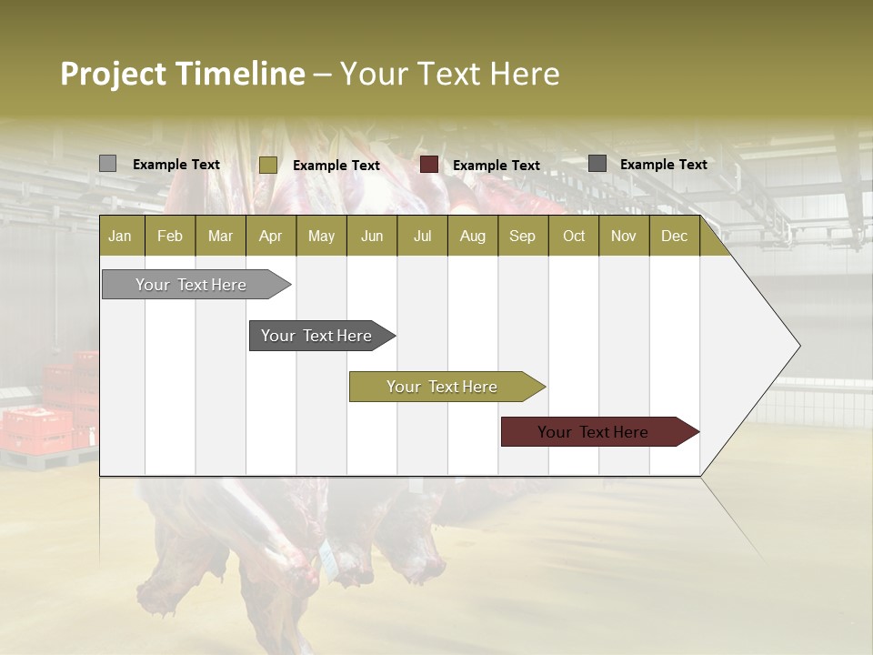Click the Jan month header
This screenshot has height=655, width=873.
[x=121, y=237]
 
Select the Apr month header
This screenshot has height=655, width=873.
[x=270, y=237]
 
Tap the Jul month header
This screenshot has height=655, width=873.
[x=422, y=237]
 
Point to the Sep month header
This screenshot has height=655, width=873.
[x=522, y=237]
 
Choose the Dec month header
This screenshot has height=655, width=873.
[x=674, y=237]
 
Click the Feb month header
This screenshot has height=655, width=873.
[x=170, y=237]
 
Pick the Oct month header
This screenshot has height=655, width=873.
[x=574, y=237]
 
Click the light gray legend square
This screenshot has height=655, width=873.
[x=107, y=164]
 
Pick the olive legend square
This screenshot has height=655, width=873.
[x=267, y=165]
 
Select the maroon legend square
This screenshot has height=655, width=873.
[x=429, y=165]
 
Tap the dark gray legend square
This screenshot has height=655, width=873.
[x=597, y=164]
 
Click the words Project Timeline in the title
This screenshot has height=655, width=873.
[x=182, y=74]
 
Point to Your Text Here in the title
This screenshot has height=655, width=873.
[x=450, y=74]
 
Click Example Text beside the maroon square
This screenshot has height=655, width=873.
[x=496, y=166]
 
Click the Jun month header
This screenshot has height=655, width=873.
[x=372, y=237]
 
